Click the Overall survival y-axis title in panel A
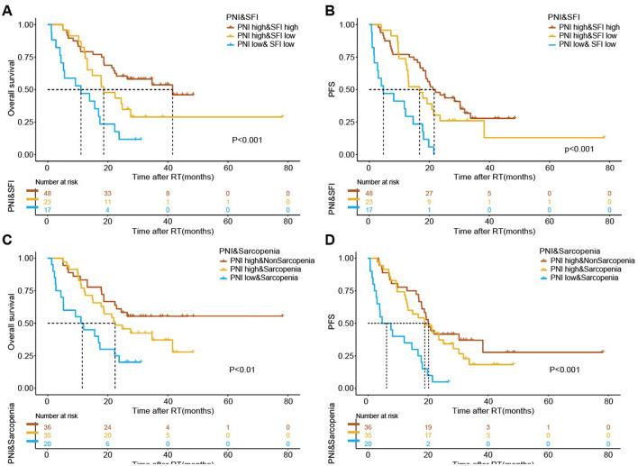(x=9, y=89)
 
